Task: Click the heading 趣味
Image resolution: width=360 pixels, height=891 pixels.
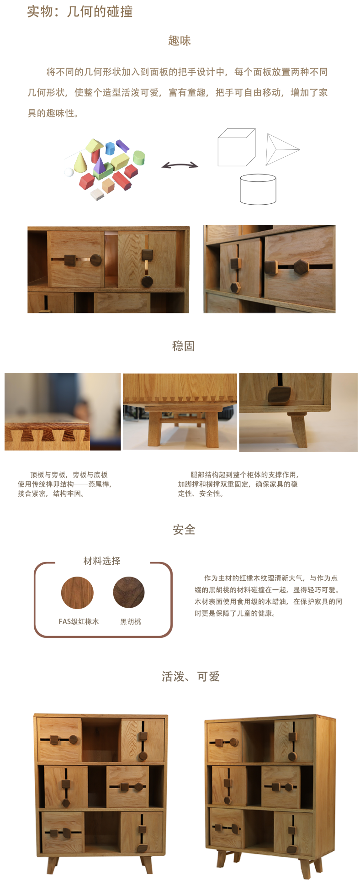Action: [180, 41]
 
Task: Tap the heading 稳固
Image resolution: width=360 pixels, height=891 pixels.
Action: [184, 346]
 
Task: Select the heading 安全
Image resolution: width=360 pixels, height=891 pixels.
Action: [184, 530]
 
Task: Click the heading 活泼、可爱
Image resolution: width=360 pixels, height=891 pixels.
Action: [191, 676]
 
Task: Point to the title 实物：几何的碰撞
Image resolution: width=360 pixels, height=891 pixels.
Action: [80, 11]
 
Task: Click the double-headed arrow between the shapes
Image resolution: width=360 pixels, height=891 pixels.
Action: [180, 165]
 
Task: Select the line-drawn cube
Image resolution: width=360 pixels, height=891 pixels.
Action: [236, 147]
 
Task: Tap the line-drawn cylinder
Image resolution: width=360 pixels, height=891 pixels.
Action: [258, 189]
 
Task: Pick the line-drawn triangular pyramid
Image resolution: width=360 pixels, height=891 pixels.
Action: [280, 149]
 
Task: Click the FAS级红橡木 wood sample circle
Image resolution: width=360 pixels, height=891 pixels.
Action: [77, 593]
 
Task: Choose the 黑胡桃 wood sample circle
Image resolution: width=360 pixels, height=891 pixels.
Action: [129, 593]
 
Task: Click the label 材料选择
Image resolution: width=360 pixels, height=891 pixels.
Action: [102, 561]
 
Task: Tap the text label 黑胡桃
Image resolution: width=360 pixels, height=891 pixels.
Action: [131, 621]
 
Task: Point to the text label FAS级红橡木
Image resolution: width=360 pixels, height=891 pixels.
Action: [79, 621]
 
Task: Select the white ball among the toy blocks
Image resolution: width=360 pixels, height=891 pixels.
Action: [69, 172]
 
